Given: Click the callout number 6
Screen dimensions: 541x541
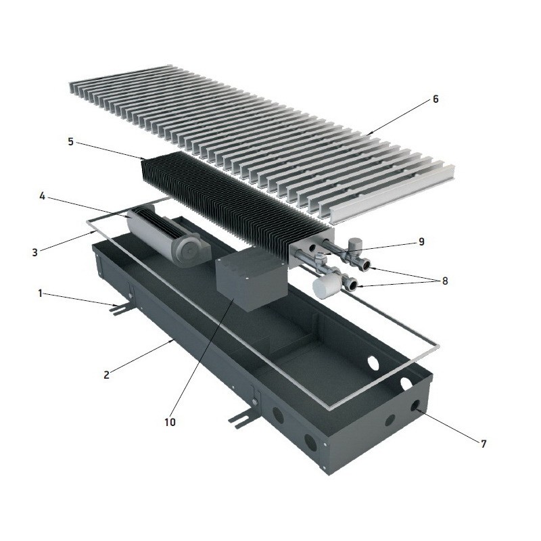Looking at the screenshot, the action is (436, 99).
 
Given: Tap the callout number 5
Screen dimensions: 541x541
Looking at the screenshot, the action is (71, 141).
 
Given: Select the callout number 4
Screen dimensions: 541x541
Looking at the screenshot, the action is (42, 197).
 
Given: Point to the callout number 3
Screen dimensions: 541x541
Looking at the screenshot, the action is (35, 252).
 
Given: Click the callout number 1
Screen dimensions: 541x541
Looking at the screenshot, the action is (40, 293).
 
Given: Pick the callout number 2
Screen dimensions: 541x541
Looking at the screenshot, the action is (106, 375).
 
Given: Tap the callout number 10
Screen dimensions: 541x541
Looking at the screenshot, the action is (170, 422).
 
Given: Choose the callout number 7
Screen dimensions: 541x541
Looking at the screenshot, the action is (484, 444).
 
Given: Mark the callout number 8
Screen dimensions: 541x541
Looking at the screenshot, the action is (445, 281).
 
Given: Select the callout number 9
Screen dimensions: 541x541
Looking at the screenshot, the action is (421, 242).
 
